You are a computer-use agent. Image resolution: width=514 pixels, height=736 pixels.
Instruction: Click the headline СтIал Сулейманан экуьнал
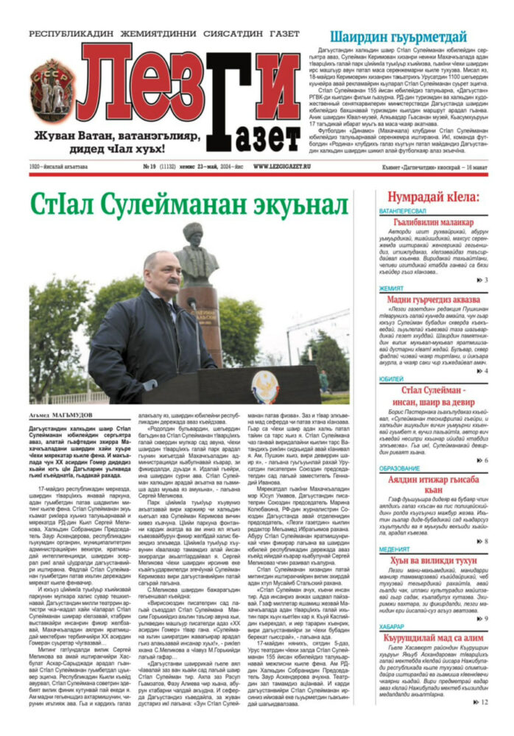point(188,205)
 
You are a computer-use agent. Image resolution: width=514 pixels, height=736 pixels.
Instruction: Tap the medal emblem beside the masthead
point(52,91)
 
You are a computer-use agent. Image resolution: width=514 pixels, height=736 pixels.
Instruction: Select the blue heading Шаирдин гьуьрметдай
point(398,37)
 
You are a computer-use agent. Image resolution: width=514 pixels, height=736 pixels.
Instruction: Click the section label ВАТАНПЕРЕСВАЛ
point(403,210)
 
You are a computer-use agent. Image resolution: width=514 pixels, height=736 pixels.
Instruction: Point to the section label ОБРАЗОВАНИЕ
point(400,468)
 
